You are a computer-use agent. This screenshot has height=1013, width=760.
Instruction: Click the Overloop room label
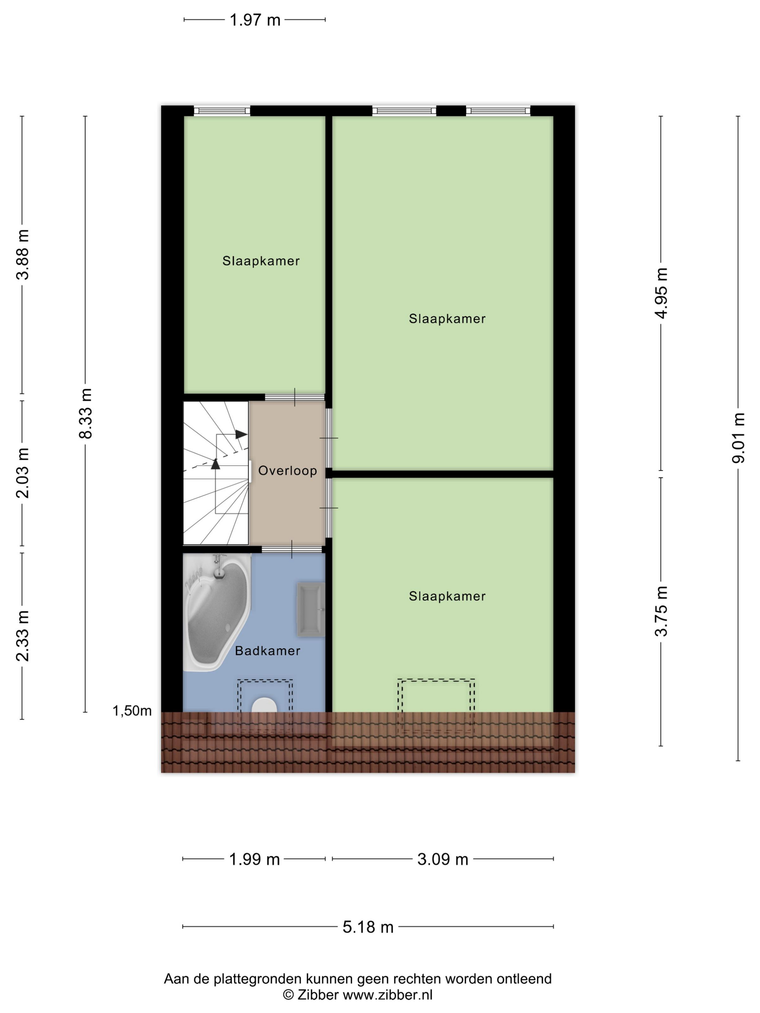point(287,470)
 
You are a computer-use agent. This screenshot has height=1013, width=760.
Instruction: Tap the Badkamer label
point(267,651)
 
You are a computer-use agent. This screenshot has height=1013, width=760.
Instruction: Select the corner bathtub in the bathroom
point(216,612)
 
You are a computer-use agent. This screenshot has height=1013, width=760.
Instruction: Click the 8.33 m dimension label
point(86,414)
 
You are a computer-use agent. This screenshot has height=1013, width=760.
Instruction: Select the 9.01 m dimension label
point(738,438)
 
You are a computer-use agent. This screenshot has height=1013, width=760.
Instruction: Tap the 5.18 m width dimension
point(368,927)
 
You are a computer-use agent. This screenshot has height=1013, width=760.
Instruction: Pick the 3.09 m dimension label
point(443,859)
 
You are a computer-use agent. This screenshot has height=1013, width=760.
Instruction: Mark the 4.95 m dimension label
point(661,293)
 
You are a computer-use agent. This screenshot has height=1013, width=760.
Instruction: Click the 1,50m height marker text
point(132,711)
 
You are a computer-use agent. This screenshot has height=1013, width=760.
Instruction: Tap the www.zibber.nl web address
point(388,995)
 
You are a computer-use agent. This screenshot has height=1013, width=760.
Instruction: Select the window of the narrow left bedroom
point(222,110)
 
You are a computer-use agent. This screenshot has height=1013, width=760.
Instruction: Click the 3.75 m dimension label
point(661,611)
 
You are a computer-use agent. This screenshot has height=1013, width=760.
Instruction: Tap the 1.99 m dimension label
point(254,859)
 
